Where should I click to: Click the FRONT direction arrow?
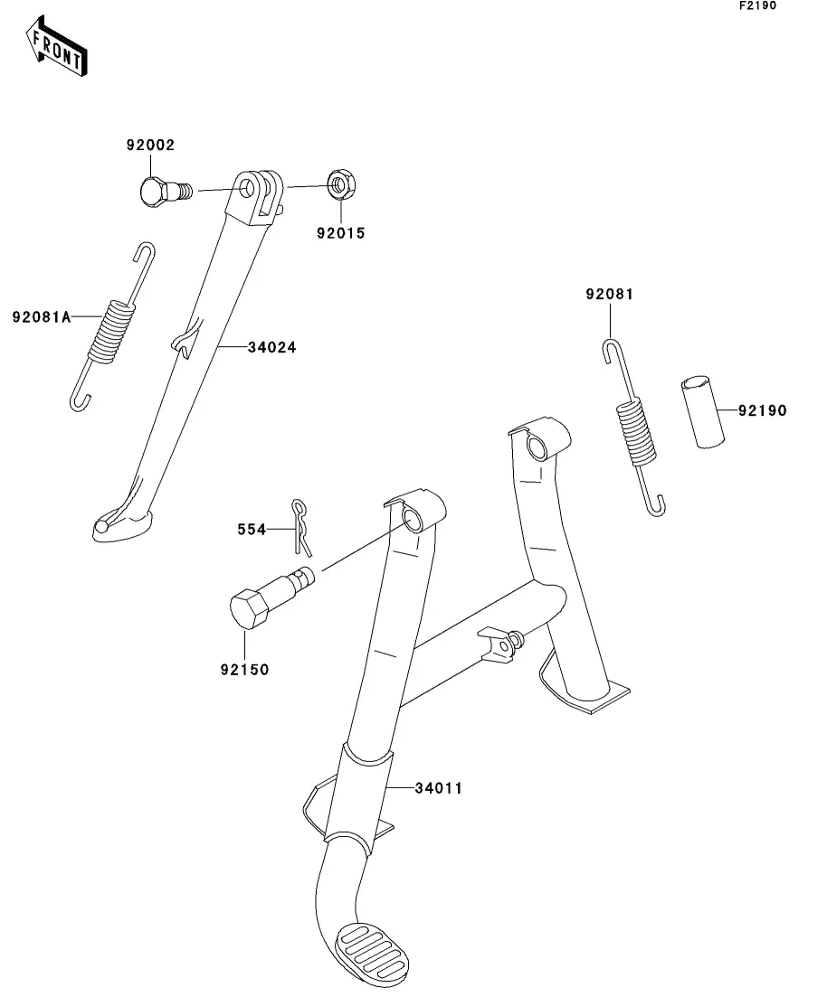pyautogui.click(x=56, y=46)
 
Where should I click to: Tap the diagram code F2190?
pyautogui.click(x=757, y=5)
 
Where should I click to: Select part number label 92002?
pyautogui.click(x=150, y=145)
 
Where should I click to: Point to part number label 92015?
pyautogui.click(x=341, y=233)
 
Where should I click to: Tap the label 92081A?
pyautogui.click(x=42, y=316)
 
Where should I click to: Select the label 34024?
pyautogui.click(x=271, y=347)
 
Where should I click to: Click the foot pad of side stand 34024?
pyautogui.click(x=122, y=525)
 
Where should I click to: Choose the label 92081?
pyautogui.click(x=609, y=294)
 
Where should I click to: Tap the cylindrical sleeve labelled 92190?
pyautogui.click(x=701, y=412)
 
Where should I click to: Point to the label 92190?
pyautogui.click(x=763, y=410)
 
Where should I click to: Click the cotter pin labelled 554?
pyautogui.click(x=301, y=527)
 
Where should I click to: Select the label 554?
pyautogui.click(x=252, y=529)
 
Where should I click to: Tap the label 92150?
pyautogui.click(x=245, y=670)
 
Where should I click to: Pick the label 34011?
pyautogui.click(x=439, y=788)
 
